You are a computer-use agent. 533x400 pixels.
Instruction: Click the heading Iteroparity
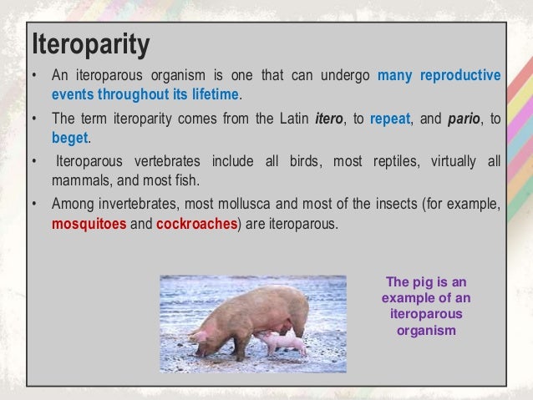(x=90, y=46)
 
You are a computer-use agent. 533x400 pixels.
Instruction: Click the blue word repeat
(x=390, y=119)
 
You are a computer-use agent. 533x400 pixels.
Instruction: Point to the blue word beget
(x=69, y=137)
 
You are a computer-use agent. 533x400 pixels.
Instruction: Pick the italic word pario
(x=464, y=119)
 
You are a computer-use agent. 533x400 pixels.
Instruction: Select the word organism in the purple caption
(x=426, y=330)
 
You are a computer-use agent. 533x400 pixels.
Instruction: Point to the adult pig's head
(x=206, y=338)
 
